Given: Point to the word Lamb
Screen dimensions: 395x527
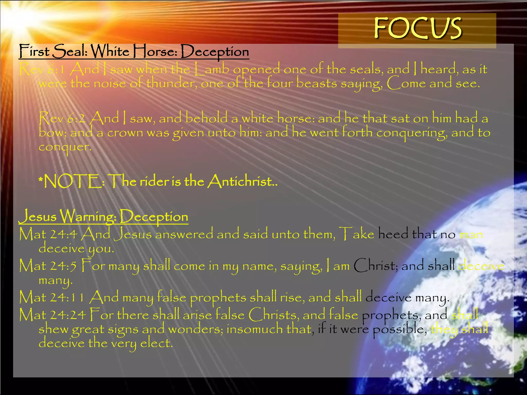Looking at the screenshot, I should tap(212, 69).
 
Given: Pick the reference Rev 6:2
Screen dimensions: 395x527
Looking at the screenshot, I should tap(62, 119).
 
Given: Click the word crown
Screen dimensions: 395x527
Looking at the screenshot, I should tap(125, 133).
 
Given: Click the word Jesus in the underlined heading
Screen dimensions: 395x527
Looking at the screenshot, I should tap(38, 216).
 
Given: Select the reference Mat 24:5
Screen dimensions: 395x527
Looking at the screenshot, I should tap(48, 266).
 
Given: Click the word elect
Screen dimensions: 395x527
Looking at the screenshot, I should tap(156, 343).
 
